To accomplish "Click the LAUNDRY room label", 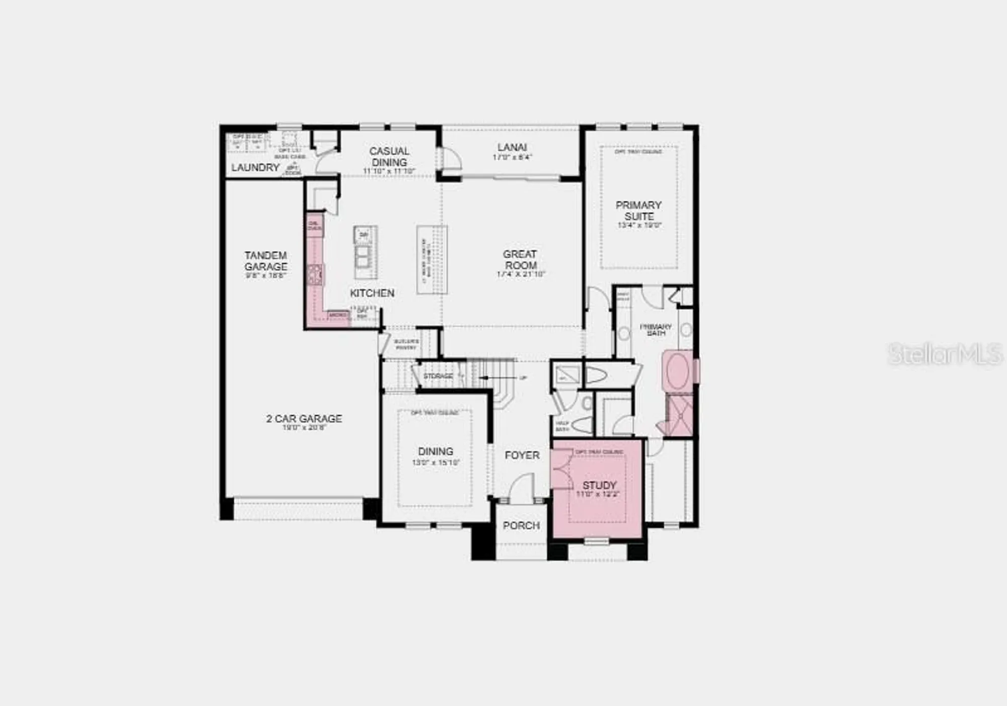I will (x=255, y=168).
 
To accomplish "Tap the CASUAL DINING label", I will (x=389, y=156).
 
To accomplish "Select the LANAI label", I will (x=512, y=147).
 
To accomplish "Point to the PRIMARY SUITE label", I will (x=638, y=210).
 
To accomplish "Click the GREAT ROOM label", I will (x=520, y=260).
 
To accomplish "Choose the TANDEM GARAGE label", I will (x=266, y=261).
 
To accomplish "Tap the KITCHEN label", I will (x=372, y=293).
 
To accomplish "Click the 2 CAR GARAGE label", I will (x=304, y=419).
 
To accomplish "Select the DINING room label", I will (x=436, y=451).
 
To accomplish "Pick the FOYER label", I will (x=522, y=455).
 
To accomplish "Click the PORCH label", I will (x=521, y=525).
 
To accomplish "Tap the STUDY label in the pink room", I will (x=599, y=485).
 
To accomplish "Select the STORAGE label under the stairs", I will (x=438, y=376).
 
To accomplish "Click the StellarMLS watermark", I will (x=945, y=353).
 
